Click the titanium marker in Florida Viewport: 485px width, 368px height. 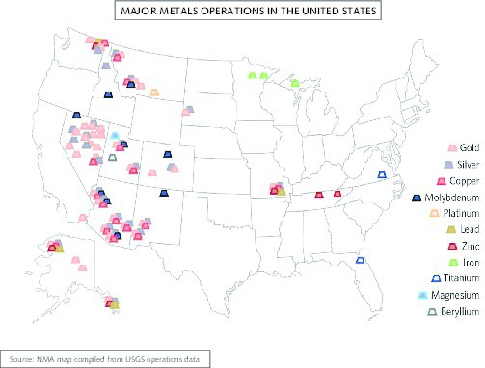tap(360, 260)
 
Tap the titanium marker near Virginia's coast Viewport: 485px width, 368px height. tap(382, 174)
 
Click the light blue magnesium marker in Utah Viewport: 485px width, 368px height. tap(116, 135)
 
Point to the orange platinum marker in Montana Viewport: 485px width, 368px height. tap(154, 92)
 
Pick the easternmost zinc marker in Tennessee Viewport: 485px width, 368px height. tap(337, 194)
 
